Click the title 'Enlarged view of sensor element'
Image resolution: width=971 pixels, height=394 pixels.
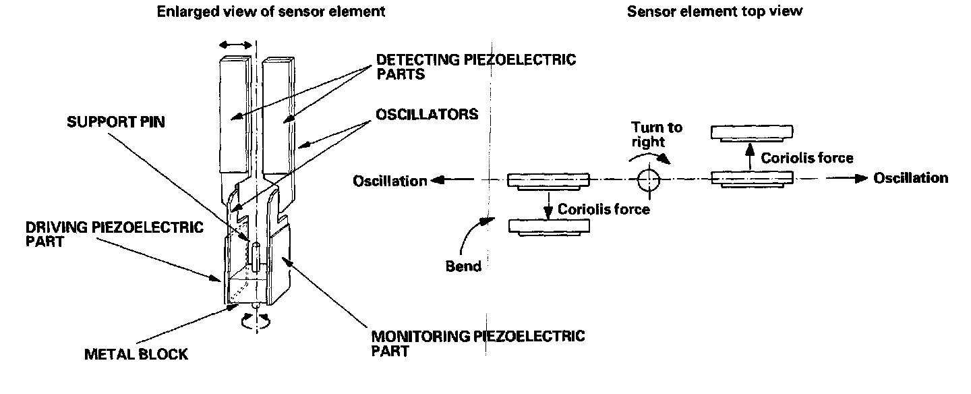[x=271, y=11]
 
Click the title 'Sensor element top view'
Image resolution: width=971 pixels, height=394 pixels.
[x=715, y=11]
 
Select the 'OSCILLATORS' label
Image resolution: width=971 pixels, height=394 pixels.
[x=427, y=115]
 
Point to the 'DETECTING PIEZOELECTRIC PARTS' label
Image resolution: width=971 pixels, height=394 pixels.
[x=476, y=66]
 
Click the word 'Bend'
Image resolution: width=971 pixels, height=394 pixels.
[x=464, y=266]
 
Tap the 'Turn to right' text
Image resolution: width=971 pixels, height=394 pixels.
[x=657, y=135]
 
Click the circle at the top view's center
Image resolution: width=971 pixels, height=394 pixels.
[x=649, y=179]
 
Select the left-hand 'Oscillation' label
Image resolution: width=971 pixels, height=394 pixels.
[x=390, y=181]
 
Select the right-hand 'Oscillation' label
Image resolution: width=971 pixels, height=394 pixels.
[x=911, y=178]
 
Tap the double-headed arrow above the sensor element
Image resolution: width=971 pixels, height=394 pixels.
[x=236, y=44]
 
